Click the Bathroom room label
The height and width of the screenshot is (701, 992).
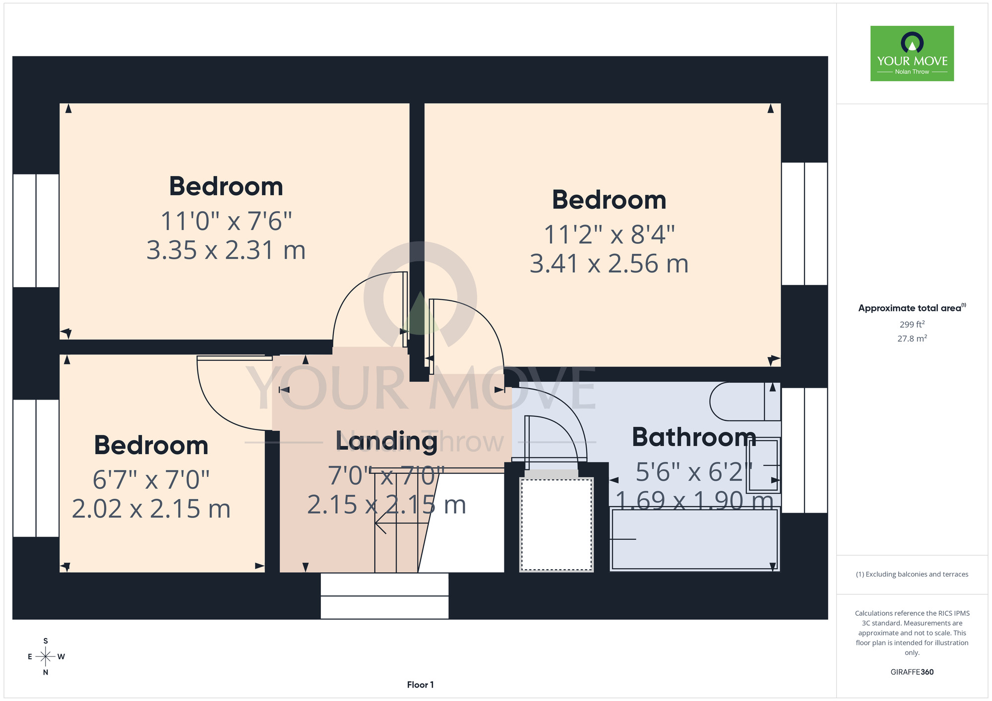[694, 437]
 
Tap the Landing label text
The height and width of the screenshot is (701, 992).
[386, 441]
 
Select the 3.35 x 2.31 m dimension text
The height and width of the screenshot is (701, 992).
[226, 250]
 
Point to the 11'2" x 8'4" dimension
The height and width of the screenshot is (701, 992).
[609, 234]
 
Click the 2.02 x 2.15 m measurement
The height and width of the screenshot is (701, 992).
[151, 509]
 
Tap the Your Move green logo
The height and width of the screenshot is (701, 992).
[912, 54]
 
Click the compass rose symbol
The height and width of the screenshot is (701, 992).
[46, 657]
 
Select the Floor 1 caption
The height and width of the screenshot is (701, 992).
[420, 685]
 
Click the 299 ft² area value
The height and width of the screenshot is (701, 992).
[912, 324]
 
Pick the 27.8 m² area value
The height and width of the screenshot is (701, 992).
[912, 339]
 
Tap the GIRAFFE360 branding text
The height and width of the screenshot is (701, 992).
[912, 672]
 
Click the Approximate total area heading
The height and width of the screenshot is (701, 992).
[912, 308]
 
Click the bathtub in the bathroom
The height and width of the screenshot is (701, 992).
[694, 539]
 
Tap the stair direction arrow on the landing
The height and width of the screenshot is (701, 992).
[402, 523]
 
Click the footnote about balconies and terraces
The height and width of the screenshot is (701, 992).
[912, 574]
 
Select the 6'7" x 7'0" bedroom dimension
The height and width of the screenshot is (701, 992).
[151, 479]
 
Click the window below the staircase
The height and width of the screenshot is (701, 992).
[384, 596]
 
